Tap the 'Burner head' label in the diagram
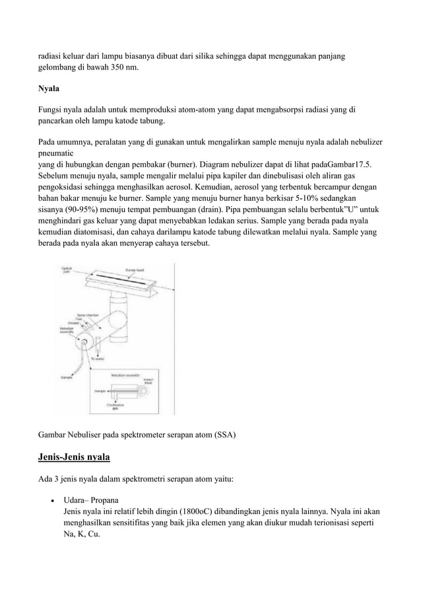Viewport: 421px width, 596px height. pyautogui.click(x=135, y=270)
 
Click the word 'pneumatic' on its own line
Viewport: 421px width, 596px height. pyautogui.click(x=57, y=154)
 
